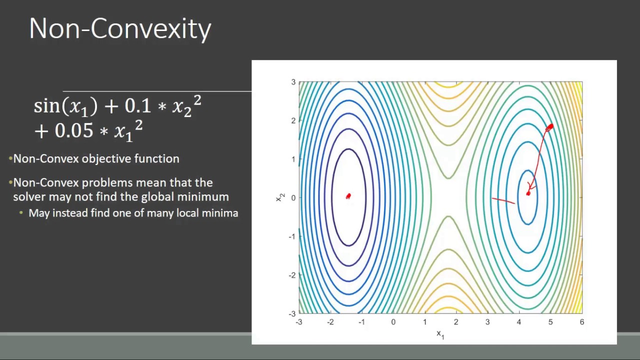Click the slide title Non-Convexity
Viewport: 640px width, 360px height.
120,29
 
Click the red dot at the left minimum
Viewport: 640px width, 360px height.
348,196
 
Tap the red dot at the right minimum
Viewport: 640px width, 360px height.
528,193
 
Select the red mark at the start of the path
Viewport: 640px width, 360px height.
549,127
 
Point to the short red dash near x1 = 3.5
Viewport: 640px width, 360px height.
503,200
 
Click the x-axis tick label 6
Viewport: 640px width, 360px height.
581,322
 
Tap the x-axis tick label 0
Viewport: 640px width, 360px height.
393,322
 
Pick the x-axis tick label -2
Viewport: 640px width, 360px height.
330,322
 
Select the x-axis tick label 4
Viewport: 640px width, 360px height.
519,322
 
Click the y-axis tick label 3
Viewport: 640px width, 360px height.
293,82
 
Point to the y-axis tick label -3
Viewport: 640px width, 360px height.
292,313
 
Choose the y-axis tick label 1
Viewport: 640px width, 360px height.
293,159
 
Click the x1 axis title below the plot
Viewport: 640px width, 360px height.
440,334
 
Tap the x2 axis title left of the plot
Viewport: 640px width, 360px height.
279,197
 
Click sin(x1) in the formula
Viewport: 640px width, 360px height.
65,106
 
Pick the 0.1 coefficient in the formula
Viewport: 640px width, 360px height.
137,106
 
